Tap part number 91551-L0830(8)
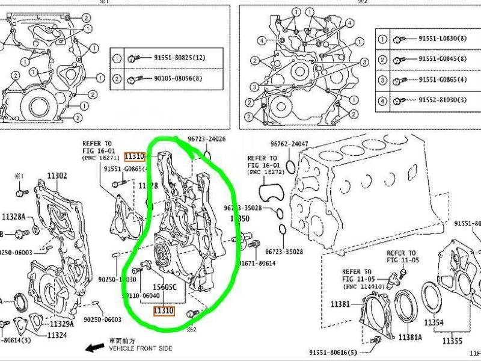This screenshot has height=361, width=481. tap(442, 39)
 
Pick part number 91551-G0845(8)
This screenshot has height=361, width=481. tap(442, 60)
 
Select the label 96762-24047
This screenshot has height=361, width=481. tap(289, 144)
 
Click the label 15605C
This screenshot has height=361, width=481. tap(164, 288)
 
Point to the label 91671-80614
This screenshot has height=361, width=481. tap(257, 264)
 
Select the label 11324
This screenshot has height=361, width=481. tap(57, 335)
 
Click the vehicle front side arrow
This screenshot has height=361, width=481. tap(94, 348)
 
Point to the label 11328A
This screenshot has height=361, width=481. tap(13, 217)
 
